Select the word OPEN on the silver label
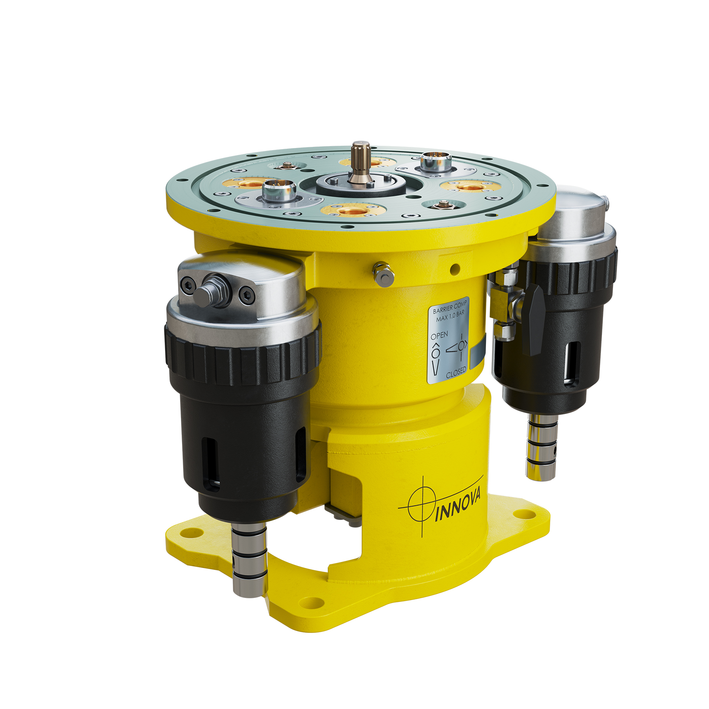pyautogui.click(x=439, y=335)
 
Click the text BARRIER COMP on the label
pyautogui.click(x=449, y=306)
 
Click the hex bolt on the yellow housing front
pyautogui.click(x=383, y=273)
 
